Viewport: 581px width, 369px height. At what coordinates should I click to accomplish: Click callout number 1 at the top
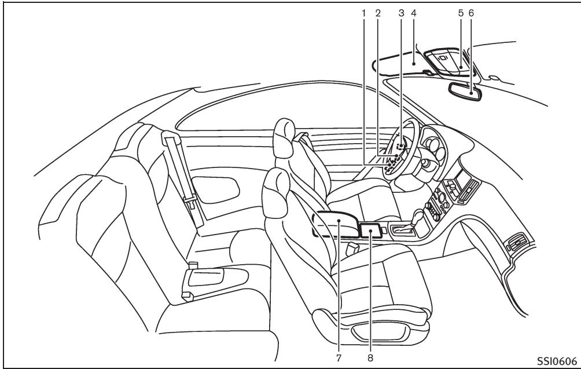coord(363,13)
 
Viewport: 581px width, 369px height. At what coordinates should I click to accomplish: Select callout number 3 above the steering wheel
coord(401,13)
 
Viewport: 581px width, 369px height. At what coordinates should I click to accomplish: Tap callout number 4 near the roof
coord(414,13)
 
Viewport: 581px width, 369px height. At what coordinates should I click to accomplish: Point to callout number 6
coord(471,13)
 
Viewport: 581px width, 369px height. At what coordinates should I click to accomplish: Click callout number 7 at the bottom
coord(339,358)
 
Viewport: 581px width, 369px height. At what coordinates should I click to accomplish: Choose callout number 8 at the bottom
coord(370,358)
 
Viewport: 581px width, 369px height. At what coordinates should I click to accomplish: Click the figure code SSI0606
coord(557,361)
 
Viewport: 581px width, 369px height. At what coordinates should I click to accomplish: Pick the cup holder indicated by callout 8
coord(370,231)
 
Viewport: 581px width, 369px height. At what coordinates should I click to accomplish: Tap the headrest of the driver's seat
coord(285,138)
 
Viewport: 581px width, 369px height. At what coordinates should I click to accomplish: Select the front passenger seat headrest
coord(275,193)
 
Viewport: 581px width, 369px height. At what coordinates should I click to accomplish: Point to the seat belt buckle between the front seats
coord(352,249)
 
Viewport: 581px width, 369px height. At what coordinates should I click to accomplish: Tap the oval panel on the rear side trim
coord(215,190)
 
